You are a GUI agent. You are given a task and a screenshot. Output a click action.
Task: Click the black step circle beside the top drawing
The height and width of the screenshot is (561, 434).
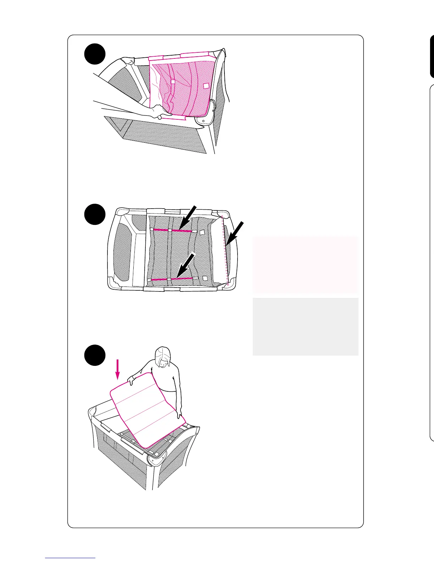click(x=95, y=54)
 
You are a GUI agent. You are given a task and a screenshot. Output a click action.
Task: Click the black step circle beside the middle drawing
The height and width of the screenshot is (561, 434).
click(x=95, y=214)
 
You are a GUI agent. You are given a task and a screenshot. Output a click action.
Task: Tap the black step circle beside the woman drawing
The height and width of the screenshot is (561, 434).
click(x=95, y=355)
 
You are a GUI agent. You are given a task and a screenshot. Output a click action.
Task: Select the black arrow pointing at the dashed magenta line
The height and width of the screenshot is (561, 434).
click(x=235, y=232)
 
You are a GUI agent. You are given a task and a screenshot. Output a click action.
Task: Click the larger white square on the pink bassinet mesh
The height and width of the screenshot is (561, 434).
click(x=206, y=85)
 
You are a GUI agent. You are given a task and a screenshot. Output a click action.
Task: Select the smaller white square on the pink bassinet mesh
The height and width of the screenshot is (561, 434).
click(x=173, y=82)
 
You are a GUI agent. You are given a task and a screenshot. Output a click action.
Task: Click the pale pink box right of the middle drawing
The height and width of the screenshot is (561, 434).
click(x=305, y=265)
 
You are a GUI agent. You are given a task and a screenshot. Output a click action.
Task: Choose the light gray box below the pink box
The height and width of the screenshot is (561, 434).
click(x=305, y=326)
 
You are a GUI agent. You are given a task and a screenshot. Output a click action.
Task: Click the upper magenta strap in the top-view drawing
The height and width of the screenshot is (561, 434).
click(x=172, y=230)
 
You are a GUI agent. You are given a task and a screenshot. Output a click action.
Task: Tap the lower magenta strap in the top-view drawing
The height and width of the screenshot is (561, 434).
click(x=172, y=279)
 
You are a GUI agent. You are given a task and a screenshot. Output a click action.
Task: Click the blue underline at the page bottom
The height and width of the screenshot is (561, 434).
click(x=70, y=558)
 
